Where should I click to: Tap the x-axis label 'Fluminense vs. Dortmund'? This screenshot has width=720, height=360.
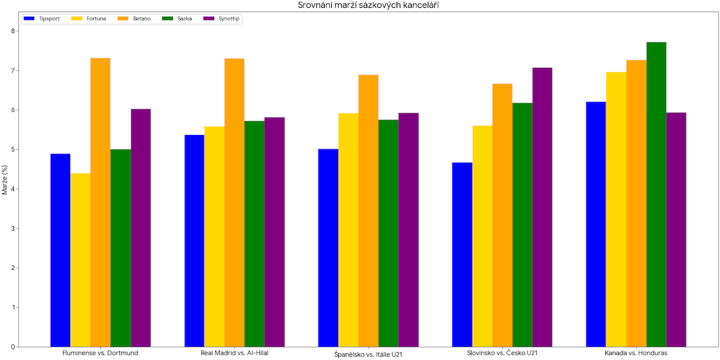[100, 353]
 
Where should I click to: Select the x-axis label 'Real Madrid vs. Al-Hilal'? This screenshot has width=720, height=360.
[235, 353]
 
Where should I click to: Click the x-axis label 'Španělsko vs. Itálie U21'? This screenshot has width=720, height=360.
[368, 354]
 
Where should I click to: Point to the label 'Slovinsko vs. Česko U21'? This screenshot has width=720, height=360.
[502, 353]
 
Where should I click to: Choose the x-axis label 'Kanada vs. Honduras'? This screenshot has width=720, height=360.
[636, 353]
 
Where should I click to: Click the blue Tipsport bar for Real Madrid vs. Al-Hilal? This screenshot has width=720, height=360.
[194, 241]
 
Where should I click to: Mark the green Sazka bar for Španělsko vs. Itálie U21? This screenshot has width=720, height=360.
[388, 233]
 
